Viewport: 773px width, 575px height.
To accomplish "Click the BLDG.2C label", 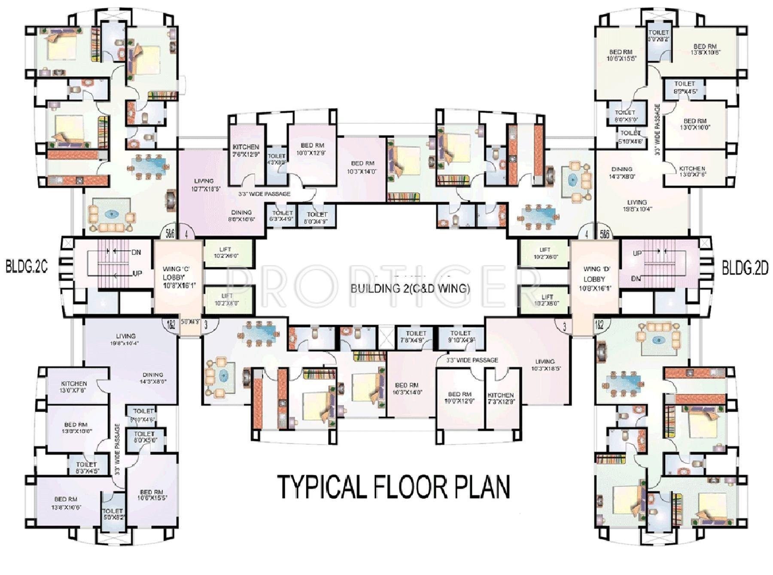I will click(x=27, y=266).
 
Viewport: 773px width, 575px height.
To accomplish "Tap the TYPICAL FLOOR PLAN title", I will click(x=393, y=487).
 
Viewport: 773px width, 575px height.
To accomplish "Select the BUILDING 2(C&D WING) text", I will click(x=410, y=288).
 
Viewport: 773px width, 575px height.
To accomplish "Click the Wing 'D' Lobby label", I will click(x=594, y=279).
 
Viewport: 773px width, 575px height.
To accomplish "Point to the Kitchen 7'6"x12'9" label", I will click(x=246, y=150).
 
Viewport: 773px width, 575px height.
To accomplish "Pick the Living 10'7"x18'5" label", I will click(x=204, y=184).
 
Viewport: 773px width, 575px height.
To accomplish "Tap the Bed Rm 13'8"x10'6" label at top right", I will click(x=705, y=49).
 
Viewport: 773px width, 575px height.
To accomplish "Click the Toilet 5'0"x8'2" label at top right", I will click(x=658, y=35).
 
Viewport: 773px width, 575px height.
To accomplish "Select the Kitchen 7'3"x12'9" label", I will click(x=500, y=398).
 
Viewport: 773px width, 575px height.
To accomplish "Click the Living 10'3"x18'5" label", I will click(x=545, y=365).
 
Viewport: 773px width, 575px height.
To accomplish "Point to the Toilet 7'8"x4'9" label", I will click(x=416, y=336).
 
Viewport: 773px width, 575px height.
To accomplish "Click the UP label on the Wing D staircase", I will click(x=637, y=254).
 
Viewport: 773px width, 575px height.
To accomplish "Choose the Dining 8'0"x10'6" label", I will click(x=241, y=215).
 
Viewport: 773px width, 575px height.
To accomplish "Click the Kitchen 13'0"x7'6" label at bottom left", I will click(x=74, y=387).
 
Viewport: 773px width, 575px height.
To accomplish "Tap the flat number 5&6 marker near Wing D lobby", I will click(x=605, y=234).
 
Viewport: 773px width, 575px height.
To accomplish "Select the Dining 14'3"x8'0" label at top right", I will click(x=621, y=172).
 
